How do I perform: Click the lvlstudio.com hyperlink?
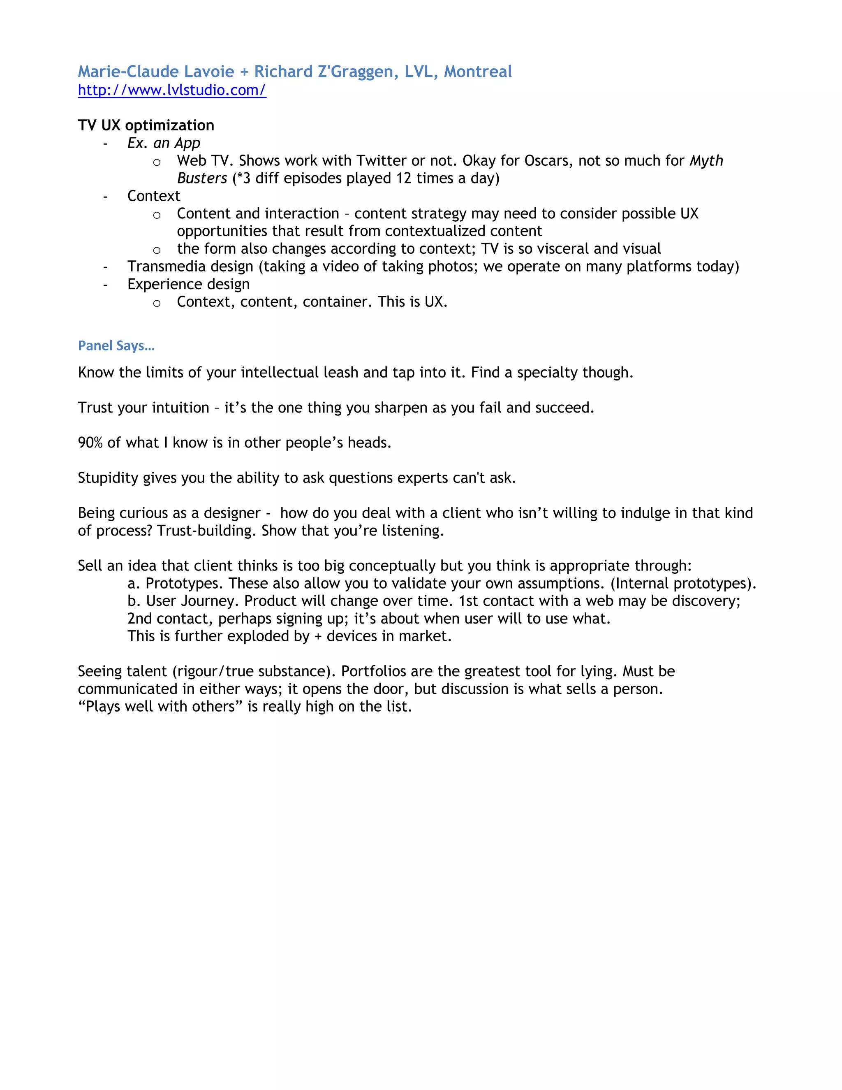click(x=172, y=90)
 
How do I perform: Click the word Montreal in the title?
click(x=478, y=72)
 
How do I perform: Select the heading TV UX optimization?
click(x=146, y=125)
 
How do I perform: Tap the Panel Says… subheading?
click(x=116, y=346)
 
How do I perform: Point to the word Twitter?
click(x=382, y=161)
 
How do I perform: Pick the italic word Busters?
click(x=202, y=178)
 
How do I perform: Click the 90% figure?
click(x=90, y=443)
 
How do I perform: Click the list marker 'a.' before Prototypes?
click(x=133, y=583)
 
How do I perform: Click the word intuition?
click(x=173, y=408)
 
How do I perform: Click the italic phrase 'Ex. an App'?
click(x=164, y=143)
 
